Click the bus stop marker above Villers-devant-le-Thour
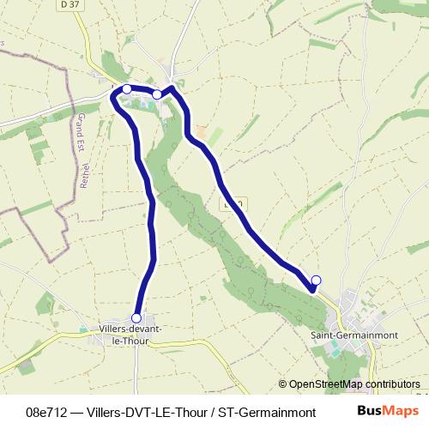pos(136,318)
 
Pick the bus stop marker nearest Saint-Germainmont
pos(316,281)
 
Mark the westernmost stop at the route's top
pos(127,88)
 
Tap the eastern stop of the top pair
pos(158,94)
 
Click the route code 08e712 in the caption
pos(47,412)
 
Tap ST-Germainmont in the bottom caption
pos(267,412)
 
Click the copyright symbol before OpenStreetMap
pos(282,384)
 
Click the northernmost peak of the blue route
pos(172,87)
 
